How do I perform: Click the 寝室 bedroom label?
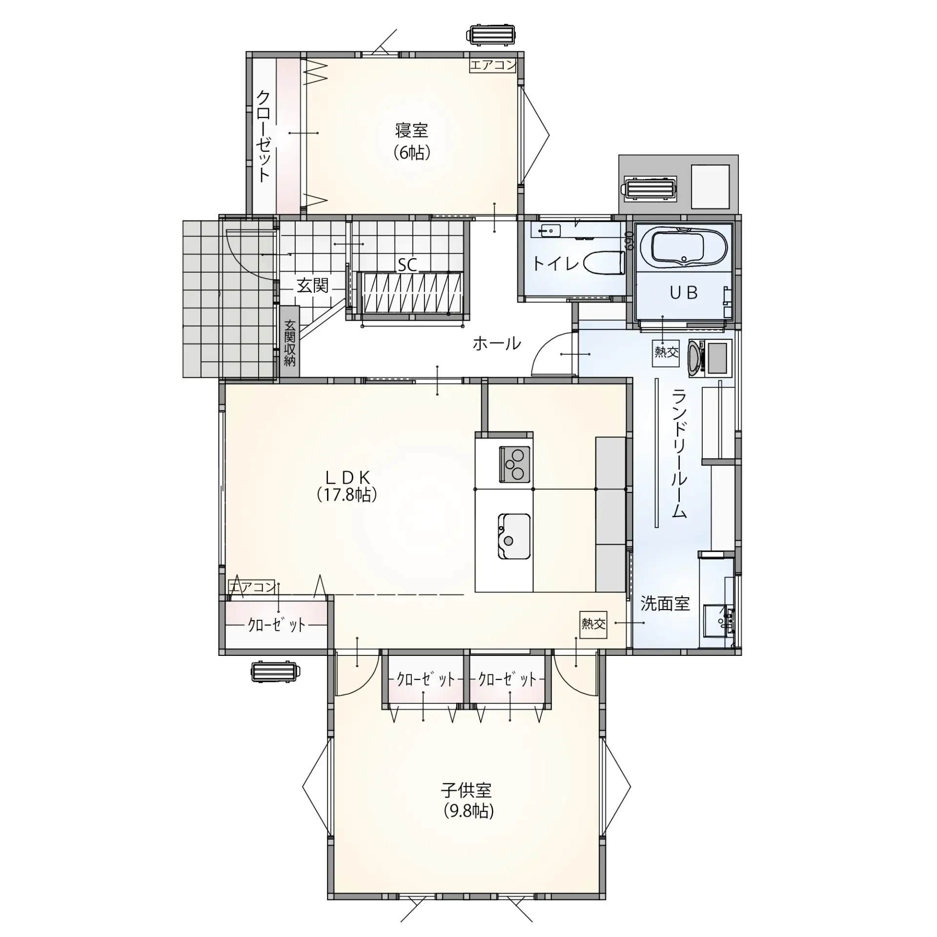tap(411, 131)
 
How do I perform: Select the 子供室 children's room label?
tap(466, 790)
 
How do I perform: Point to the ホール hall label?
tap(496, 344)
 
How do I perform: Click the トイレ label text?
tap(555, 264)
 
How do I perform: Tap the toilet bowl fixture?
tap(605, 263)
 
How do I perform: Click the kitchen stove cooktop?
tap(514, 465)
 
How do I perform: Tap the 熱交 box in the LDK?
tap(593, 623)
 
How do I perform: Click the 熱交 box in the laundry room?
tap(666, 351)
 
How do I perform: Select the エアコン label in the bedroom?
tap(493, 65)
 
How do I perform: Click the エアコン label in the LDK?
tap(252, 587)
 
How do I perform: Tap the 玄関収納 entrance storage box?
tap(290, 342)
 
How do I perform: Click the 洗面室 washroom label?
tap(665, 604)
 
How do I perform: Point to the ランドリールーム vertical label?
tap(679, 453)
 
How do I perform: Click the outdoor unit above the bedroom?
tap(493, 36)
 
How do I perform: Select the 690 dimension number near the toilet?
tap(629, 241)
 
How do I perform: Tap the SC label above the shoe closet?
tap(407, 265)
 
